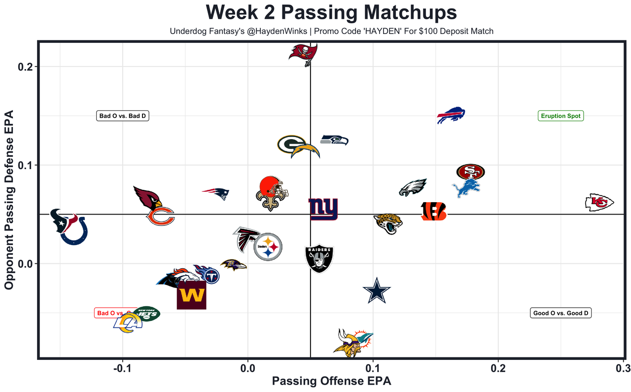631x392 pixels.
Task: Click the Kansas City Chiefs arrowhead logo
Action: coord(599,202)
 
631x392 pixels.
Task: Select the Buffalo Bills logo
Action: coord(451,115)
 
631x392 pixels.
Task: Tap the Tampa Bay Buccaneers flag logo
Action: coord(303,53)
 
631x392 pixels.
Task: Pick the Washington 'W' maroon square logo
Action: coord(191,295)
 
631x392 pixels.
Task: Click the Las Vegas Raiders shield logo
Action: coord(319,258)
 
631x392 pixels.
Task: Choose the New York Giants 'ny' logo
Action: coord(323,209)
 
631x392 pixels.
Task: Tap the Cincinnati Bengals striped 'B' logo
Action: coord(434,211)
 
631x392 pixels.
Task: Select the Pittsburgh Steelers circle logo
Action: coord(268,247)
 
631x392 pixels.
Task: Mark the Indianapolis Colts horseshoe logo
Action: coord(73,231)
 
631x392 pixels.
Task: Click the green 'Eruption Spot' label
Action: coord(561,116)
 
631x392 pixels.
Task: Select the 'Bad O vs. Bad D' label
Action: coord(122,116)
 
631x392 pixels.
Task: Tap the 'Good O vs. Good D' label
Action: coord(561,313)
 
